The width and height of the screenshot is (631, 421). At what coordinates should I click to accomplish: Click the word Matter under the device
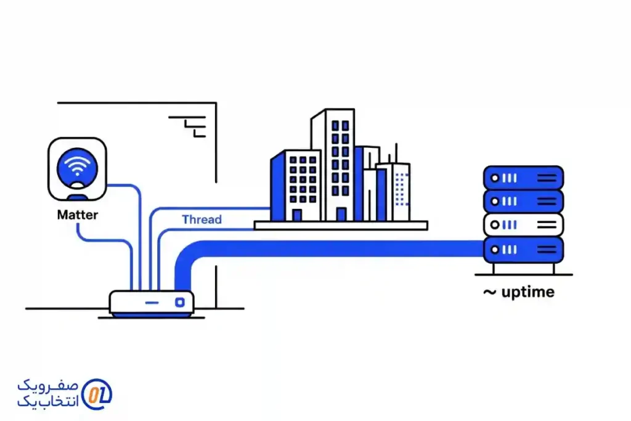77,215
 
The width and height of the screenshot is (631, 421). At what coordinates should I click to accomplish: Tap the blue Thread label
202,219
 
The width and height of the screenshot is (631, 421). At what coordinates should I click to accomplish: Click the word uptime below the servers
527,292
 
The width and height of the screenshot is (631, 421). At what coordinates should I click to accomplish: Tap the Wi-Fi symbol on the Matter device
77,165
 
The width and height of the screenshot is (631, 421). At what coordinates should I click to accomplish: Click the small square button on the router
180,302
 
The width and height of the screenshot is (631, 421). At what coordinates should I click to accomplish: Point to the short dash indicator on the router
151,303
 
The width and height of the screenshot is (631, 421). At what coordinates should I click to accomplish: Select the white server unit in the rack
523,225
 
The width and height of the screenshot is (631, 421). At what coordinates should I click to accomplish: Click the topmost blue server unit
523,178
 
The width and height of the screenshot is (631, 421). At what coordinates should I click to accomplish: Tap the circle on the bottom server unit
494,250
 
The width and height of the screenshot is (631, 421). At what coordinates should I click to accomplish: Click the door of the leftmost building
297,215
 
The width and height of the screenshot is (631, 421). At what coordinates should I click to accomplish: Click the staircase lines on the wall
192,125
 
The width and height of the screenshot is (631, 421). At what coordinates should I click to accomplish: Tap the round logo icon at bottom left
97,394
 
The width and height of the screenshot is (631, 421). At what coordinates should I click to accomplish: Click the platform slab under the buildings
341,226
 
